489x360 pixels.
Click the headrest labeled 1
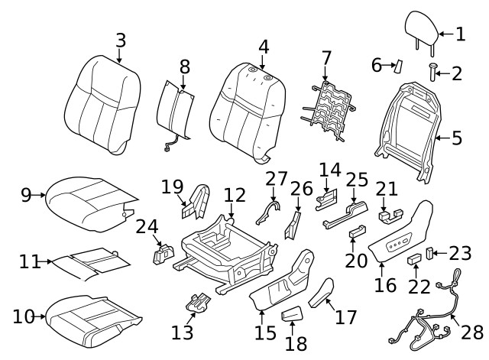(420, 28)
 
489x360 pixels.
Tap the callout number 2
(456, 73)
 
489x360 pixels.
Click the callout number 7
(326, 57)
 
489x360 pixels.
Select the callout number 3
(120, 39)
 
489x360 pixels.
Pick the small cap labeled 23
(430, 251)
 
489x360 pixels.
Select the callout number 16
(386, 285)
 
